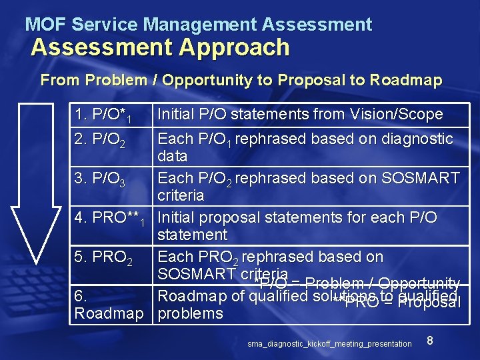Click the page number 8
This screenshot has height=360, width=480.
[x=430, y=341]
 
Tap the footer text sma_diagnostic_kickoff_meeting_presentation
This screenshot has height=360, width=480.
[x=329, y=344]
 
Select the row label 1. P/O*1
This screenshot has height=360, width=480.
[x=103, y=115]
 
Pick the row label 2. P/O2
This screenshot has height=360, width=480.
[x=101, y=140]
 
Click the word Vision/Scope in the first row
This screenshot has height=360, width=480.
[x=397, y=115]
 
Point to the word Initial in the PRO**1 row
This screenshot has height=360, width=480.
[x=176, y=218]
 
